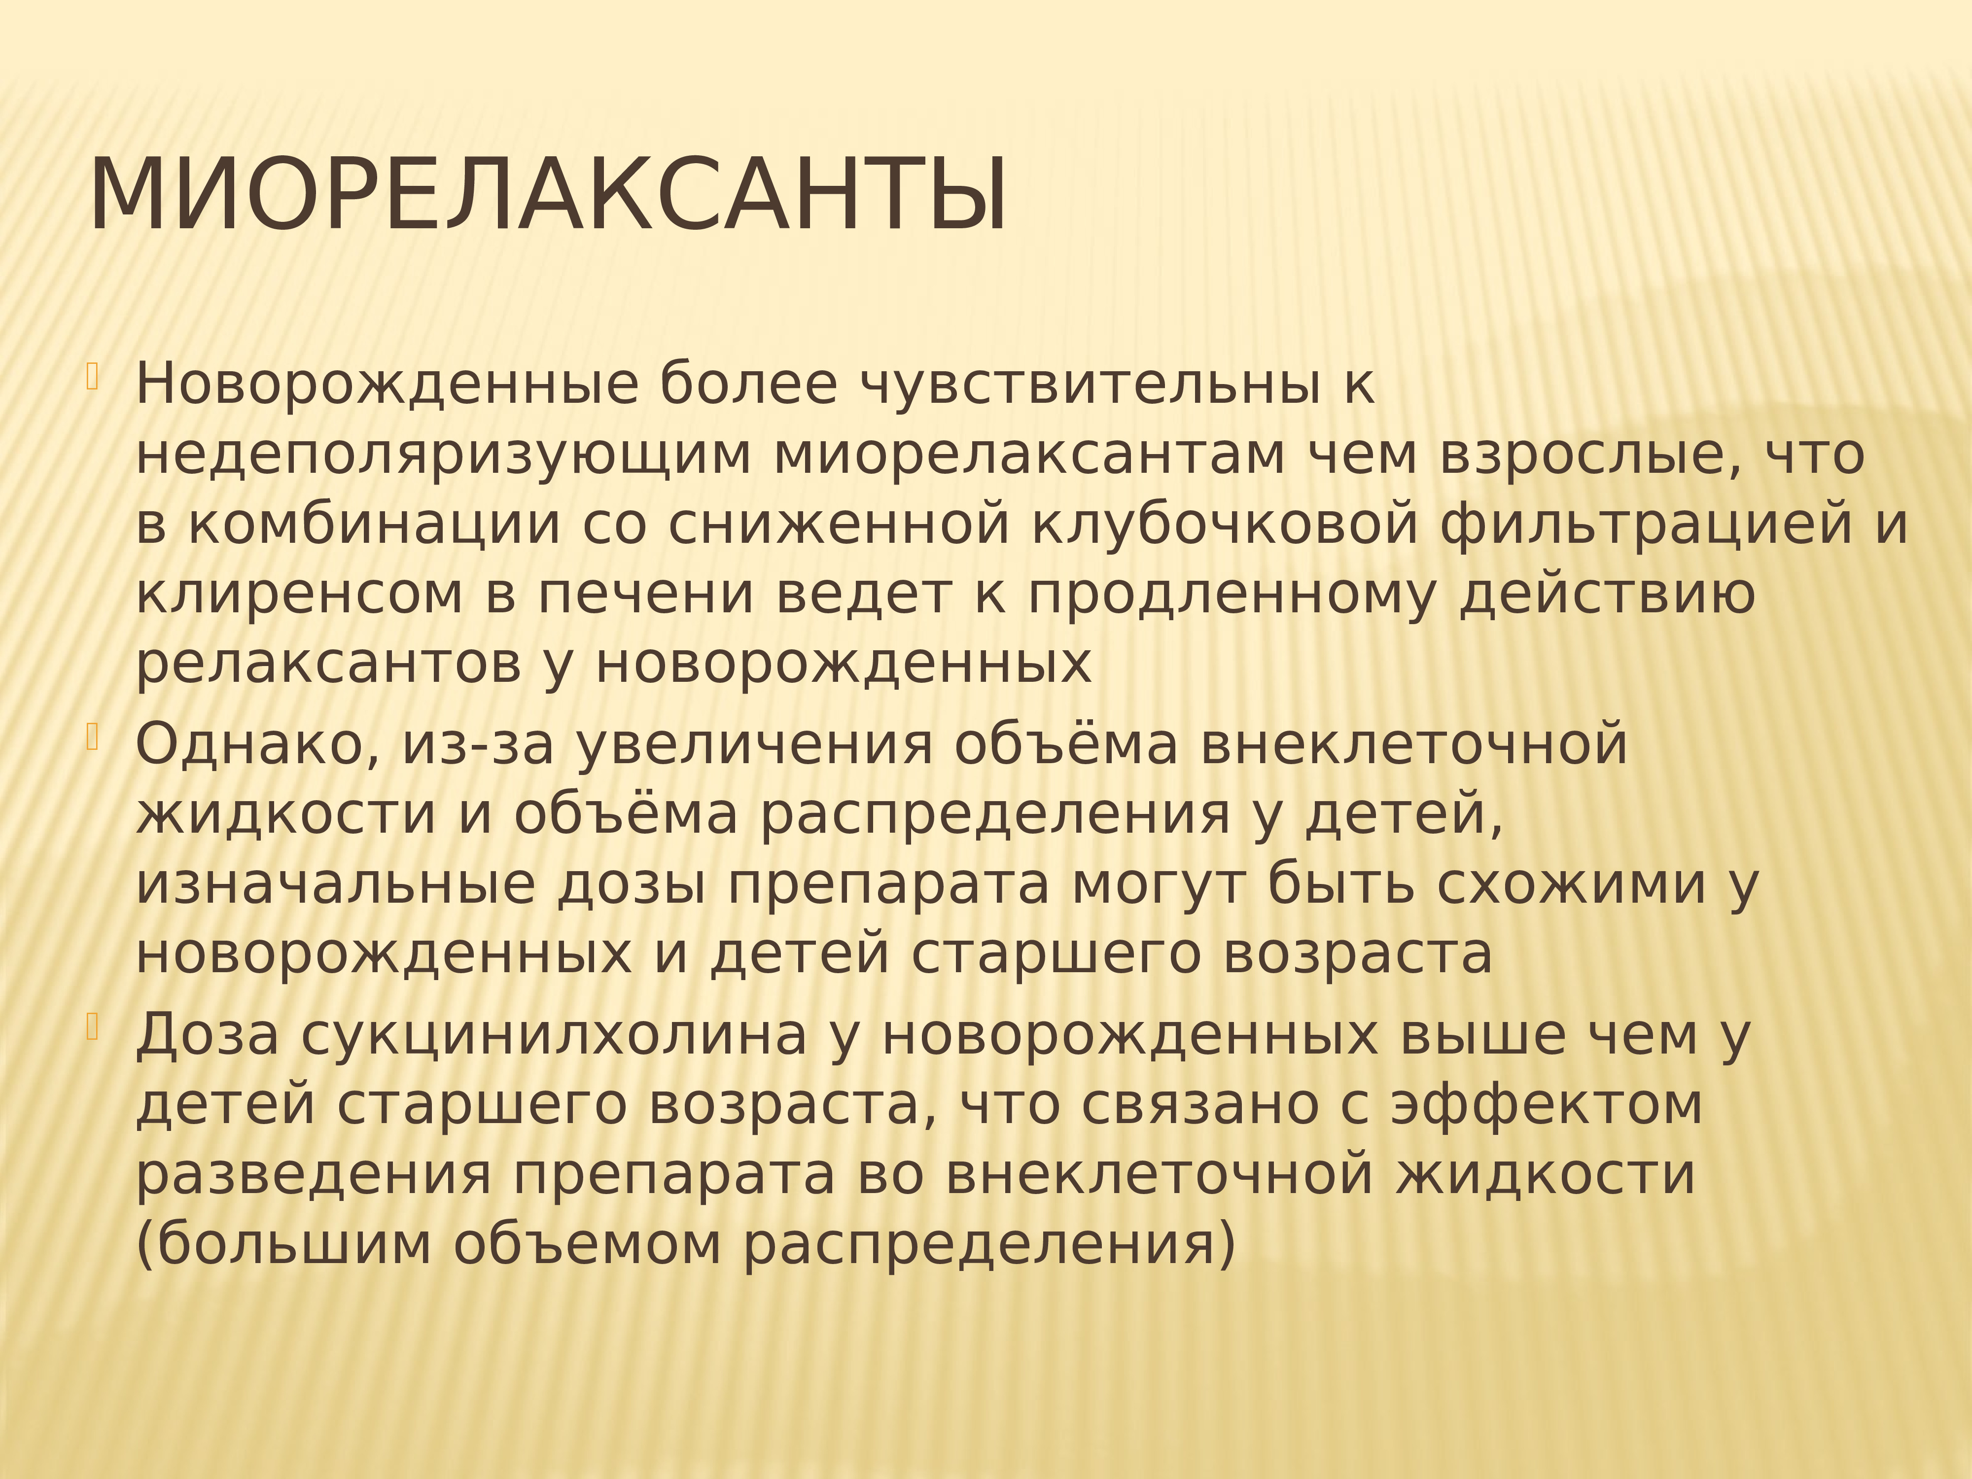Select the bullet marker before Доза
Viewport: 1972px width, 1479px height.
[92, 1028]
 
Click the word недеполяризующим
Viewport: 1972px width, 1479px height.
[443, 455]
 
